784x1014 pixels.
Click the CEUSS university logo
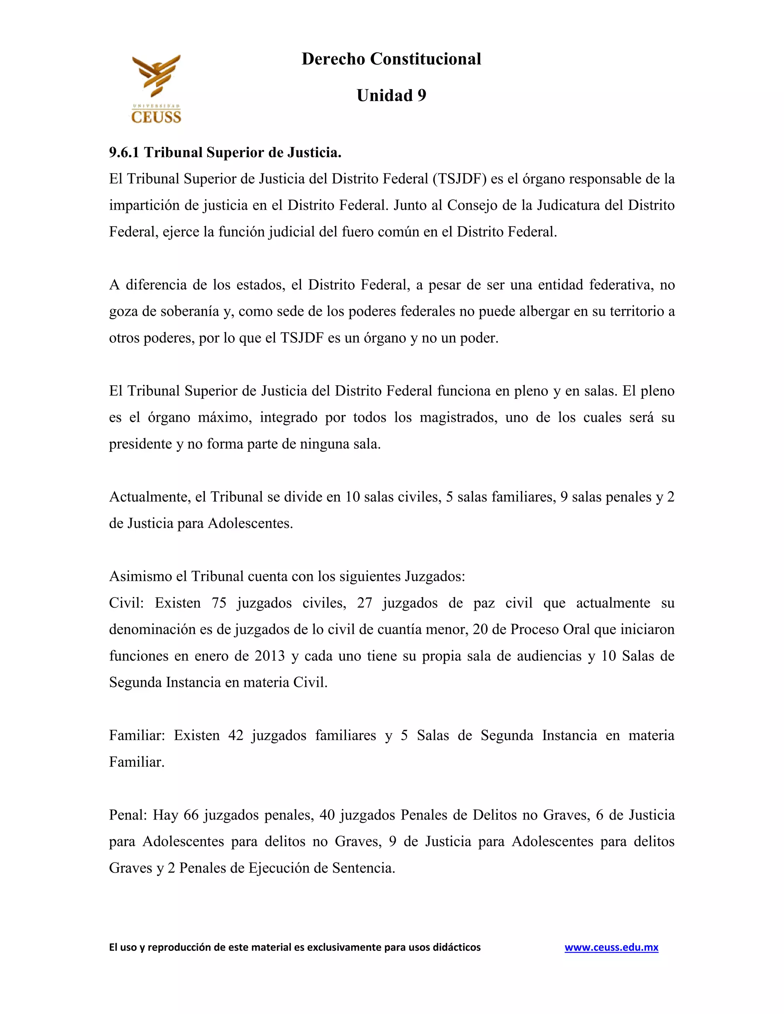[x=156, y=89]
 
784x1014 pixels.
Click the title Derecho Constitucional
[x=391, y=59]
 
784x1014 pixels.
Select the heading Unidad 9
[x=391, y=96]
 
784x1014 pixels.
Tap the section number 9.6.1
[x=124, y=152]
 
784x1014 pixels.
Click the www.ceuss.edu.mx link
[x=611, y=947]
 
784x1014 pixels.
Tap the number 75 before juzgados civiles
[x=219, y=603]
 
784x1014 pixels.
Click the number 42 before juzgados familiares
[x=235, y=735]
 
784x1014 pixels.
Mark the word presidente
[x=140, y=444]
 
